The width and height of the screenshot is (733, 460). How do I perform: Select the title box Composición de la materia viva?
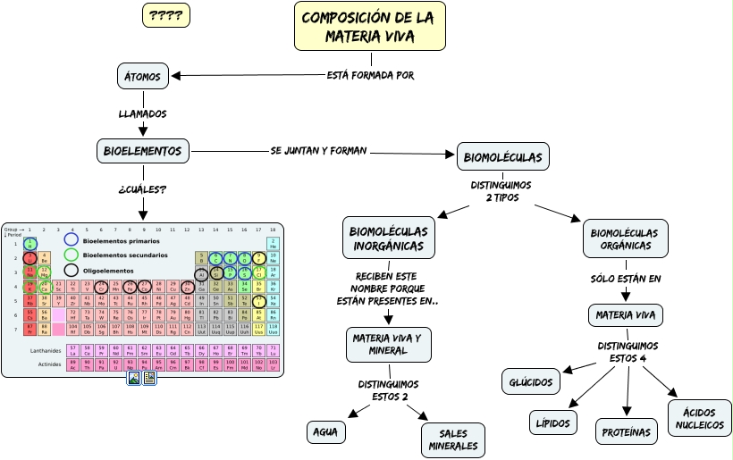(x=369, y=27)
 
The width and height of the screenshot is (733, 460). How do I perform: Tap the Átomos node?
(x=143, y=77)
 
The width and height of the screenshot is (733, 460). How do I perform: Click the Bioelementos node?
(x=143, y=151)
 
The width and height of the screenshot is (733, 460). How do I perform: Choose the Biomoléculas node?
(x=502, y=157)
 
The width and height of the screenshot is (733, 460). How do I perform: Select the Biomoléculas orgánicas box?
(x=626, y=238)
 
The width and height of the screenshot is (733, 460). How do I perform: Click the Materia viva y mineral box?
(x=389, y=345)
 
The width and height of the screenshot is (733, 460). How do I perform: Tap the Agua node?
(x=324, y=432)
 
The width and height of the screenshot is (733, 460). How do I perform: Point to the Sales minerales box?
(x=452, y=439)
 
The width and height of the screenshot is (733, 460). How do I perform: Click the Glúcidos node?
(x=531, y=381)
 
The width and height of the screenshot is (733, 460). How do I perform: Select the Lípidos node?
(x=553, y=422)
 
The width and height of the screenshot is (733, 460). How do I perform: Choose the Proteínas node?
(x=627, y=431)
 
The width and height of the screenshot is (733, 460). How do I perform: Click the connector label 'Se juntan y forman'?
(x=318, y=151)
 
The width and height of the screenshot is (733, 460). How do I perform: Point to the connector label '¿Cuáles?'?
(x=142, y=189)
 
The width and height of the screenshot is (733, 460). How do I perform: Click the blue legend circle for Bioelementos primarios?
(x=72, y=240)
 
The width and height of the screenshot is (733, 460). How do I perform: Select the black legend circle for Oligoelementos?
(x=72, y=270)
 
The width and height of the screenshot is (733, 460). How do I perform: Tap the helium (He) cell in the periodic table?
(x=273, y=243)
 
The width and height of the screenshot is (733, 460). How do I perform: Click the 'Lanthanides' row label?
(x=46, y=351)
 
